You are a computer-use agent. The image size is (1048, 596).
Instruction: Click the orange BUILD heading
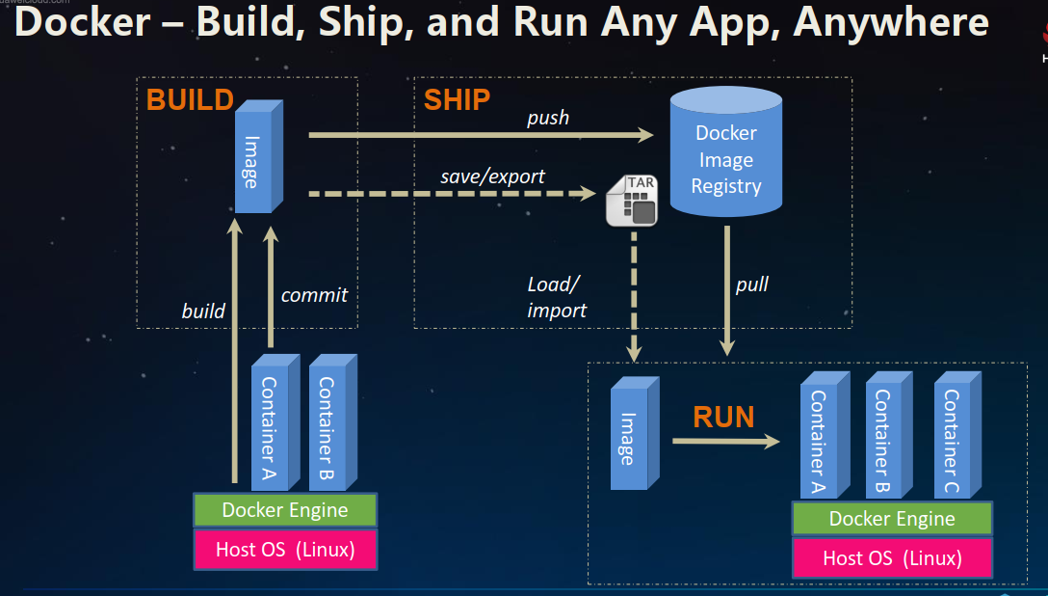[190, 99]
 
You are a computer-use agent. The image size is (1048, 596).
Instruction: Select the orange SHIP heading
[457, 99]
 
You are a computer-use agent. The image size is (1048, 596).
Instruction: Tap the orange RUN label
[723, 417]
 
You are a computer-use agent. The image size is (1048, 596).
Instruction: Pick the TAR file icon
[631, 201]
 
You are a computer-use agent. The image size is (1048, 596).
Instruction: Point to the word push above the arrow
[548, 118]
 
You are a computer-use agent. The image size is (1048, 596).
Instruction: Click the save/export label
[492, 176]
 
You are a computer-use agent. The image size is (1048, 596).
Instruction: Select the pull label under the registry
[752, 284]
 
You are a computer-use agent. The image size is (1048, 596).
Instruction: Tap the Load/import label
[557, 297]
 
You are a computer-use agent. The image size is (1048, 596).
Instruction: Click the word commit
[314, 295]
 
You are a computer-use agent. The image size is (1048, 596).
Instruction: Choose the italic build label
[203, 311]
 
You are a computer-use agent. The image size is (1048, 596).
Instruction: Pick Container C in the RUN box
[953, 439]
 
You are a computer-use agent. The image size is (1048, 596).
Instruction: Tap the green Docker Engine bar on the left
[285, 510]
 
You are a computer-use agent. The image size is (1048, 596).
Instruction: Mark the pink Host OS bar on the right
[892, 558]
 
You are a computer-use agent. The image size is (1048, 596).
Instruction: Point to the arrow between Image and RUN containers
[724, 442]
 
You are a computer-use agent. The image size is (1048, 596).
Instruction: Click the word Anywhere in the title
[891, 23]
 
